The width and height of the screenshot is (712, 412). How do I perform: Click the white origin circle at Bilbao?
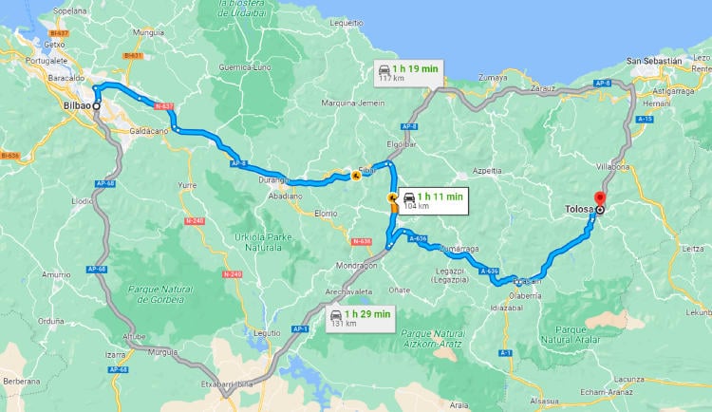pyautogui.click(x=96, y=105)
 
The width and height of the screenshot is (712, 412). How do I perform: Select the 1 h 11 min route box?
pyautogui.click(x=432, y=199)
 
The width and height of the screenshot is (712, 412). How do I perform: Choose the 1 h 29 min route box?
pyautogui.click(x=360, y=318)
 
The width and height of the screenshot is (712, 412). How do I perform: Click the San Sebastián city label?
pyautogui.click(x=654, y=61)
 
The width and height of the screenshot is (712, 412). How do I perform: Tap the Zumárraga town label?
pyautogui.click(x=458, y=249)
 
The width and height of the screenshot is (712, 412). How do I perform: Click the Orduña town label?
pyautogui.click(x=25, y=321)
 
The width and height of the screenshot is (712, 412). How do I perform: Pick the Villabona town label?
pyautogui.click(x=613, y=165)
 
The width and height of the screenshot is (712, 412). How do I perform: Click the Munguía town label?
pyautogui.click(x=150, y=32)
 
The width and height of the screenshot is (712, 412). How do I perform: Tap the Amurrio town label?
pyautogui.click(x=56, y=274)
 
